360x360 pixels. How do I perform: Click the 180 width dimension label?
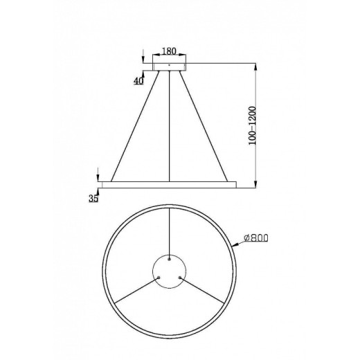click(169, 51)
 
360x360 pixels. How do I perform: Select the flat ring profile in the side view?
click(169, 185)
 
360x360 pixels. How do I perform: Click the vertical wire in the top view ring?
click(170, 228)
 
